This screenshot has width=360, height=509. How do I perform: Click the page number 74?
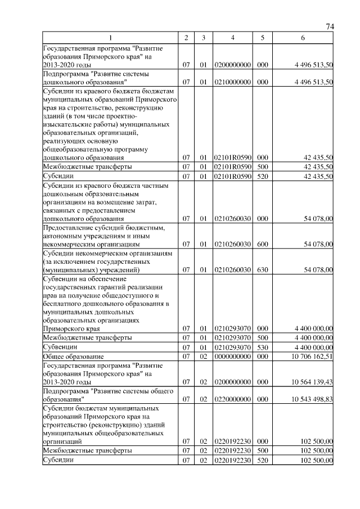click(x=330, y=27)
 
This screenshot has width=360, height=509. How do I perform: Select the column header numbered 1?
click(x=110, y=37)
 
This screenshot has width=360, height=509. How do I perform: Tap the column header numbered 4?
click(x=232, y=37)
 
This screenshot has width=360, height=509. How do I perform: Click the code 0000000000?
click(x=232, y=356)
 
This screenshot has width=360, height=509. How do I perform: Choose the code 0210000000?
click(x=232, y=82)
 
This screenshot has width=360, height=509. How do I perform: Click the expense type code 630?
click(x=262, y=270)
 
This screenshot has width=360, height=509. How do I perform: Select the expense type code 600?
click(x=262, y=244)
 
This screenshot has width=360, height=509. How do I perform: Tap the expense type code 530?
click(x=262, y=347)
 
